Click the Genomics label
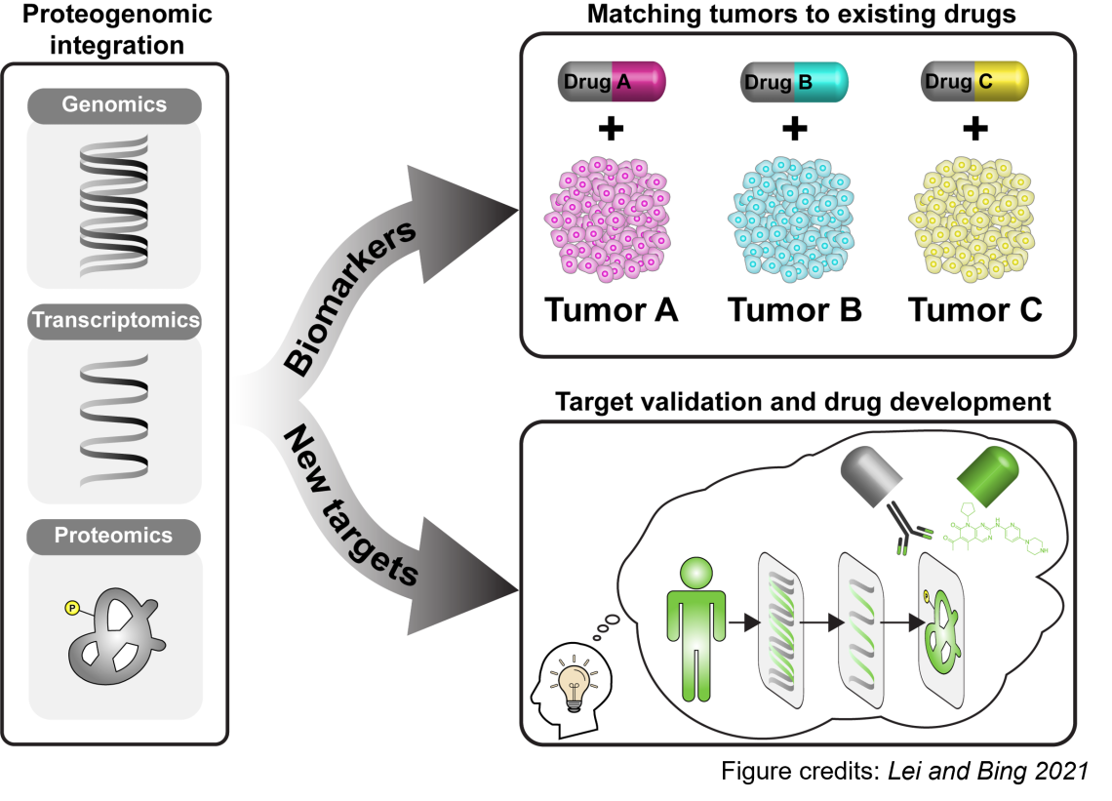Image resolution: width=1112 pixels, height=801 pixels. pos(114,105)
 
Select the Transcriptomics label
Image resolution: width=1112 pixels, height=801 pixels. pos(114,321)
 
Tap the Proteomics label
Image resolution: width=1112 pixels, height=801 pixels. pos(114,536)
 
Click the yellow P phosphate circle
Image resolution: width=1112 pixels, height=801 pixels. pos(71,608)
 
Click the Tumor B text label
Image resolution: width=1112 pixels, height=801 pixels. pos(794,310)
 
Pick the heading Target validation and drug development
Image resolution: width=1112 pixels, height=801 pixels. pos(803,401)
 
